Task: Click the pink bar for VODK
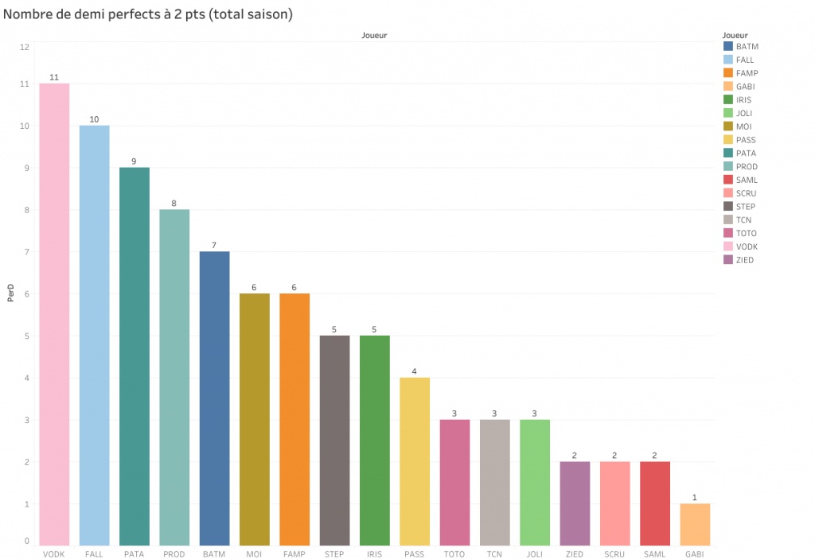(x=54, y=314)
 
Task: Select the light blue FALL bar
(x=94, y=335)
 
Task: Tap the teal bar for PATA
(x=135, y=355)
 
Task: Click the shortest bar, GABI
(x=695, y=524)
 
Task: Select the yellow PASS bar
(x=415, y=461)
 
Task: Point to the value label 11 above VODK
(x=54, y=77)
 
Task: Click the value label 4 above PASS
(x=415, y=371)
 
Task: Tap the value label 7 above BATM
(x=214, y=245)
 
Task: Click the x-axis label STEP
(x=334, y=553)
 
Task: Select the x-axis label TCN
(x=494, y=553)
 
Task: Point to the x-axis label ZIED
(x=575, y=553)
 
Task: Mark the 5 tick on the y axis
(x=26, y=336)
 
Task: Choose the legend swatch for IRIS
(x=727, y=100)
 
